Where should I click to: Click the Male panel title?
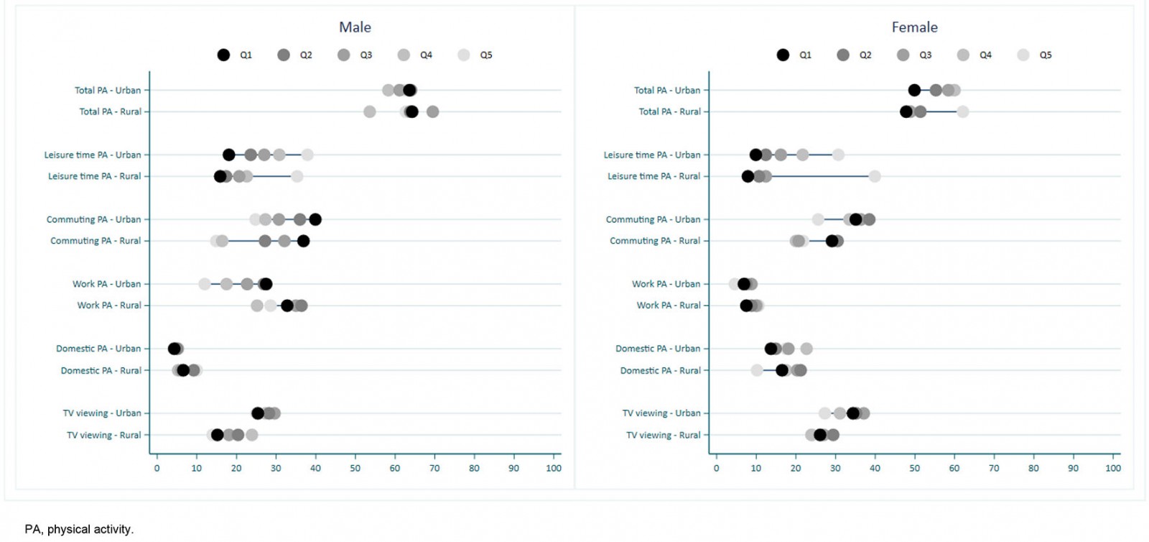click(355, 27)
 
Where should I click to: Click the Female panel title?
click(914, 27)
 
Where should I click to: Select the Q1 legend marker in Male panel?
click(224, 55)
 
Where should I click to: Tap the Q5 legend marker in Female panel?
click(1023, 55)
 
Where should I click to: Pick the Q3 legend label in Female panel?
click(926, 55)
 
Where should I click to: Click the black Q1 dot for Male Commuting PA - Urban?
click(315, 219)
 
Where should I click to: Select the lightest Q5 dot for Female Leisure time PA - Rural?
click(875, 176)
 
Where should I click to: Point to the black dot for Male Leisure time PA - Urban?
click(229, 155)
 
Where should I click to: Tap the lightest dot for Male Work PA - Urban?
click(205, 284)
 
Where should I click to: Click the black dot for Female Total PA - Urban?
click(914, 90)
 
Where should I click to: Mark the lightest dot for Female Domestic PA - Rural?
click(757, 370)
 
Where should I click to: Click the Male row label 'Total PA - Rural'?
click(110, 111)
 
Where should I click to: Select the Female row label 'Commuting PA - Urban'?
click(653, 219)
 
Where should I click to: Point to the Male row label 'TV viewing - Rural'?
click(103, 435)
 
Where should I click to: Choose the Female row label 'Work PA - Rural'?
click(668, 306)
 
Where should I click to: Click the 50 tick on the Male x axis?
click(355, 468)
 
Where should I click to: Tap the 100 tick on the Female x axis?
click(1113, 468)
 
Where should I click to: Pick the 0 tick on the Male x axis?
click(157, 468)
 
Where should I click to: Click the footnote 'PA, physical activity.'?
click(79, 529)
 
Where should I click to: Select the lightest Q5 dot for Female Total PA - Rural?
click(963, 111)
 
